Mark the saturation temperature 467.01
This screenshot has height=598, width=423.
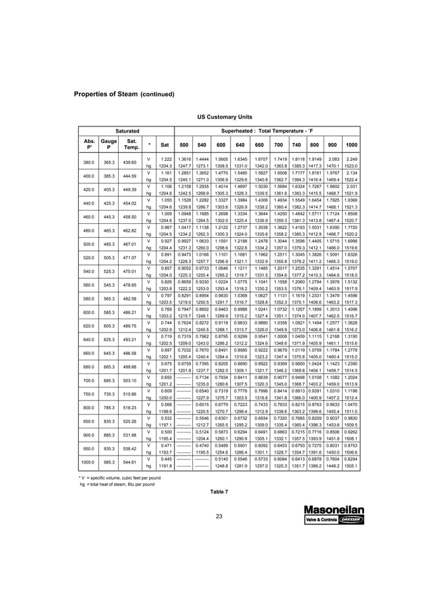click(131, 244)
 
